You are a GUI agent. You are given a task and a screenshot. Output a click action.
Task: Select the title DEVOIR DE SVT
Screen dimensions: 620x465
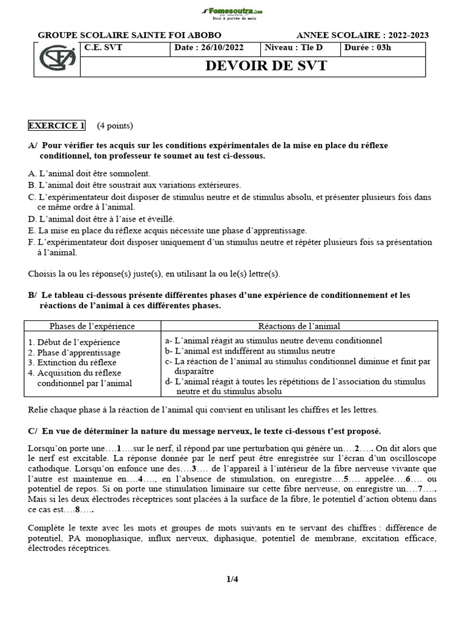pyautogui.click(x=257, y=66)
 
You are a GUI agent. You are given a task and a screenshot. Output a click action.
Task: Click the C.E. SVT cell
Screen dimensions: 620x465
pyautogui.click(x=104, y=48)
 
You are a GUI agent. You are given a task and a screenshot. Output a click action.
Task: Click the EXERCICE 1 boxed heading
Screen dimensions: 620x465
pyautogui.click(x=56, y=126)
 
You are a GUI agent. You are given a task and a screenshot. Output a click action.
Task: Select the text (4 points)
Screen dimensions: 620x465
pyautogui.click(x=114, y=126)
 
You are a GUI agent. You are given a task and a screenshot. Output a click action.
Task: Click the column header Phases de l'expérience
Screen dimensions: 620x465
pyautogui.click(x=92, y=326)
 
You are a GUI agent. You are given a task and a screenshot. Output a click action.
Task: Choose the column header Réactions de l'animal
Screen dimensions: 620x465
pyautogui.click(x=299, y=326)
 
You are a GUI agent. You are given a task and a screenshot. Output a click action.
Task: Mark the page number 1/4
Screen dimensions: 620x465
pyautogui.click(x=232, y=579)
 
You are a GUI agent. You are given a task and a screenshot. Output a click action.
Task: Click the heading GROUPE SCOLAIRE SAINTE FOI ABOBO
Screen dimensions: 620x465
pyautogui.click(x=130, y=35)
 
